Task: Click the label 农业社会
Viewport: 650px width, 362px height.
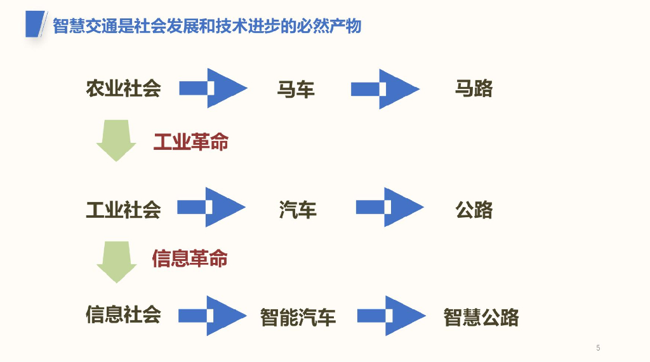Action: (x=124, y=88)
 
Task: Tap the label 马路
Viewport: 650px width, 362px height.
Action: (x=474, y=88)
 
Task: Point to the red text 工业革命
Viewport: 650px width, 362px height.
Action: (x=191, y=142)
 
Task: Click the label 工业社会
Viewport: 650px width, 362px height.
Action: (x=124, y=209)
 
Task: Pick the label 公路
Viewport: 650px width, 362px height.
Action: (x=474, y=210)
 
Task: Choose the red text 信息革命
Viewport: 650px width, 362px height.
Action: (x=190, y=258)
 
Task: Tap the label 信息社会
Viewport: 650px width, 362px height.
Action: (x=124, y=314)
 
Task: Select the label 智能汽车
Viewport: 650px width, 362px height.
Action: (x=298, y=317)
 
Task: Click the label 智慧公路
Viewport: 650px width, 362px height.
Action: (x=481, y=317)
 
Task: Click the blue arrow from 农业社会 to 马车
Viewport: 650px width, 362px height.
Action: (x=213, y=88)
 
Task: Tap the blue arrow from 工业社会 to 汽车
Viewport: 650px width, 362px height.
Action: (x=211, y=207)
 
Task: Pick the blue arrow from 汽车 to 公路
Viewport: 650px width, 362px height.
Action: (x=390, y=207)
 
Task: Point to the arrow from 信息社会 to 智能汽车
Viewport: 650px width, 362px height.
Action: (x=213, y=316)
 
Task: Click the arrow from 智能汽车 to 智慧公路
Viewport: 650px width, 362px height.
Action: (x=391, y=316)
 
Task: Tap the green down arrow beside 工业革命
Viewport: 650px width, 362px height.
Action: (x=116, y=140)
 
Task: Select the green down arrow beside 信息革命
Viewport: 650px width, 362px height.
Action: (x=117, y=261)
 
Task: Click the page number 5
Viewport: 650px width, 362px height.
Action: (x=598, y=347)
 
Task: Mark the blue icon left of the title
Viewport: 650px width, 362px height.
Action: (x=36, y=25)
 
